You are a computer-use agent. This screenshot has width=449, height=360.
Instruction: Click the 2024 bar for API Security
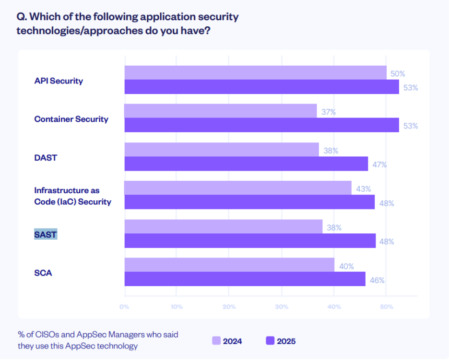point(255,73)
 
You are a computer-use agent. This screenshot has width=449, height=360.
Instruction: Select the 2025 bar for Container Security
point(261,125)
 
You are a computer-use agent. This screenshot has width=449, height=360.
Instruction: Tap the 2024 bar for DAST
point(222,150)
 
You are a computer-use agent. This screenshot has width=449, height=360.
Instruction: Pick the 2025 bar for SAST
point(250,241)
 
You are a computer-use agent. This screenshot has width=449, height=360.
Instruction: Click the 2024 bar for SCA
point(229,265)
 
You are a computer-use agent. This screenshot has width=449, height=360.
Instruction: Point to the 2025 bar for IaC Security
point(249,202)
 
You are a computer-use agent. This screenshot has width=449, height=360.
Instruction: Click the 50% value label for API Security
point(398,74)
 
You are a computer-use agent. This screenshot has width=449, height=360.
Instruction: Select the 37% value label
point(329,112)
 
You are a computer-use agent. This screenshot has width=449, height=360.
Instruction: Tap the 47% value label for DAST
point(379,164)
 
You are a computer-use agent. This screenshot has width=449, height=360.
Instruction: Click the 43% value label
point(363,189)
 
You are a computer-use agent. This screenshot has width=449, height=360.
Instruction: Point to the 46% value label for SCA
point(377,280)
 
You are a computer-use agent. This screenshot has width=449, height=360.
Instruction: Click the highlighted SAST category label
point(46,234)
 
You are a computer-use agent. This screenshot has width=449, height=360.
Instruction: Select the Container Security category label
point(71,119)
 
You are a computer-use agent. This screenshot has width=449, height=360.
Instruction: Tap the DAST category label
point(46,157)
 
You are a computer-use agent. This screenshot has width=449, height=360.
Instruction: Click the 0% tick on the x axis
point(124,306)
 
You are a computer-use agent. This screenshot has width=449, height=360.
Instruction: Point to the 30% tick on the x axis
point(281,306)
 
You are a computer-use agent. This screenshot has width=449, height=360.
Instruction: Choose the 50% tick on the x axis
point(386,306)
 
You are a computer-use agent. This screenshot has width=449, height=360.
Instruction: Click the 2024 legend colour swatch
point(216,341)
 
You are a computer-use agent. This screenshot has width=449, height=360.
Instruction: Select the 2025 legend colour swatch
point(270,341)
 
